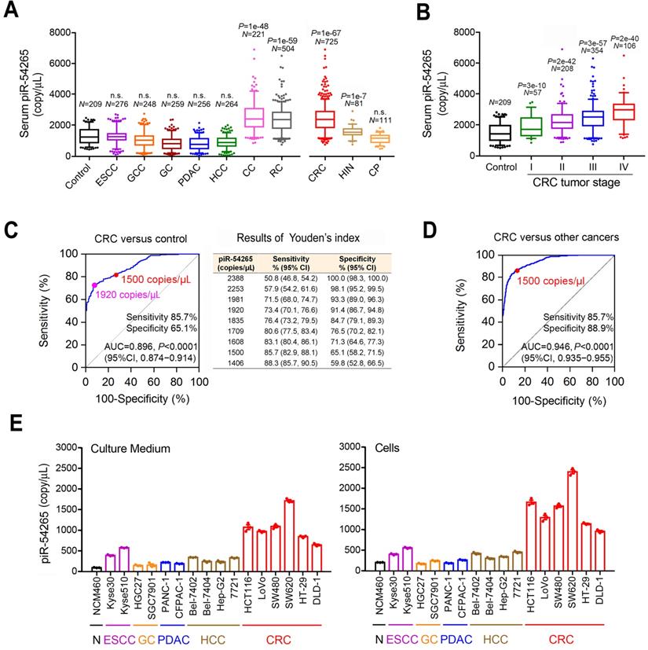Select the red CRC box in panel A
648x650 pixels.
(x=324, y=119)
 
